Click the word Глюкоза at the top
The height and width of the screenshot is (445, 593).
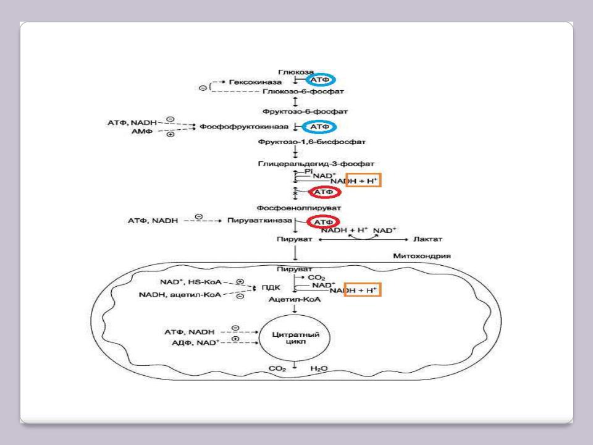coord(296,73)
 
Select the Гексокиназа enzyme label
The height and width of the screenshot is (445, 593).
coord(255,82)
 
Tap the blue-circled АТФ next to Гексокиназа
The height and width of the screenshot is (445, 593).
coord(319,80)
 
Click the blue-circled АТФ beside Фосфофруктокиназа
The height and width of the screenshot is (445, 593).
coord(319,127)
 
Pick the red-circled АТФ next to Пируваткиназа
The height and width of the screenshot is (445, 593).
coord(324,222)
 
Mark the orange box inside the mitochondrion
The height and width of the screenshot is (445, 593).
coord(363,290)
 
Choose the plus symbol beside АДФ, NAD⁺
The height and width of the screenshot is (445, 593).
coord(235,339)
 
